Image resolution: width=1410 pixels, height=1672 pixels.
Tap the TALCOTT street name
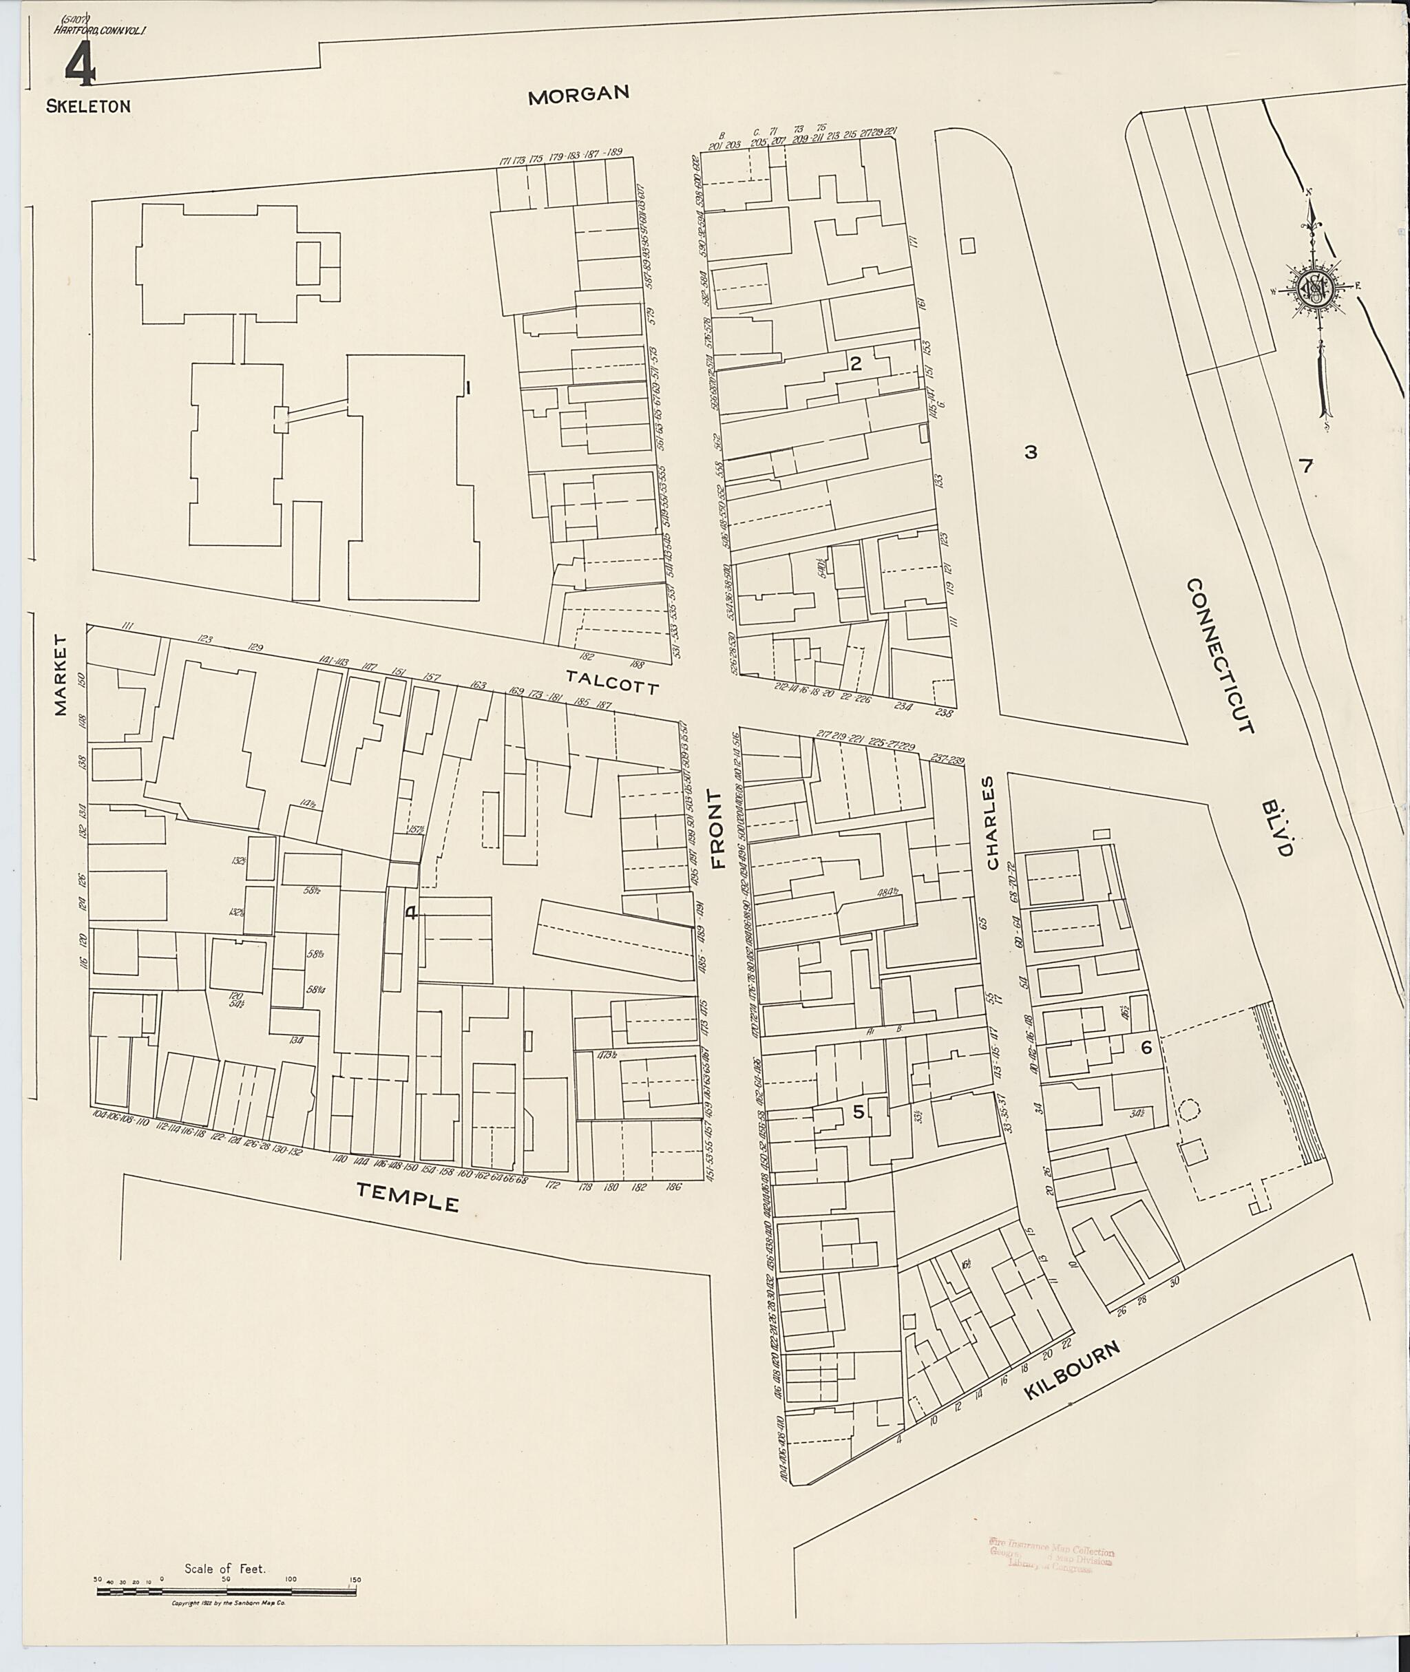tap(612, 681)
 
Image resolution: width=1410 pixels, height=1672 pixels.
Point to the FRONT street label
tap(717, 829)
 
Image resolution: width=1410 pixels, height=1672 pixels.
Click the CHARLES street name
tap(992, 823)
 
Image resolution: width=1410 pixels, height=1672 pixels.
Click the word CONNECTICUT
tap(1220, 655)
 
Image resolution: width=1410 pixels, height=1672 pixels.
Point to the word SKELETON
tap(88, 106)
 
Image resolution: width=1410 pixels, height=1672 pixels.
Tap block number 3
tap(1031, 452)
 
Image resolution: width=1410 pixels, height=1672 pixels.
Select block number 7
tap(1305, 467)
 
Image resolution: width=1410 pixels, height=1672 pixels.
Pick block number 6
tap(1146, 1048)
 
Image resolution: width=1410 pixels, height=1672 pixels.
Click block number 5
tap(859, 1112)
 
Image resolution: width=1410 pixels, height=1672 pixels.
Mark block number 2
tap(856, 363)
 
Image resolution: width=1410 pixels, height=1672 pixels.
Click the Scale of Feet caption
tap(224, 1569)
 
